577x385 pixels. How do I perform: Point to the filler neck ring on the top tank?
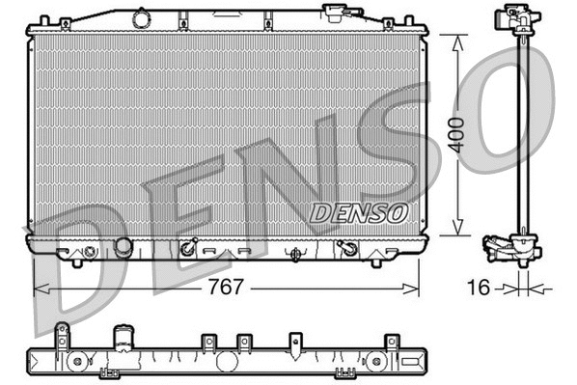click(142, 17)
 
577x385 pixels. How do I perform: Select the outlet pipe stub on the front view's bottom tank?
click(123, 248)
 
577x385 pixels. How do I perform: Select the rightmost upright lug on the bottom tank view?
click(392, 342)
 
